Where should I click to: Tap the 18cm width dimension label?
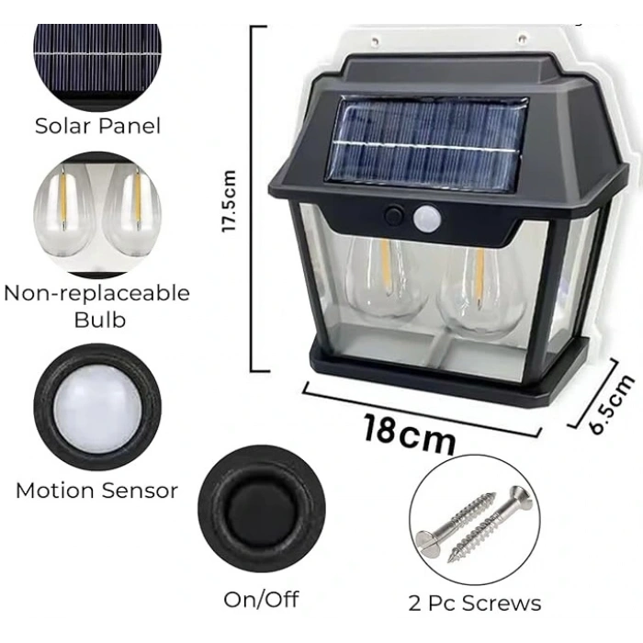point(408,432)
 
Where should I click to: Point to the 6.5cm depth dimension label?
point(613,402)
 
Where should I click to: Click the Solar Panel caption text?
point(97,126)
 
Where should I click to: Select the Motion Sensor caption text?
point(96,491)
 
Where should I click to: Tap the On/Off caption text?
point(262,599)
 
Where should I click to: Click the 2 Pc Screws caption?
point(475,603)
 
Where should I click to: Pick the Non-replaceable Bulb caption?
point(96,306)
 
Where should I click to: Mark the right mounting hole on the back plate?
point(522,39)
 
